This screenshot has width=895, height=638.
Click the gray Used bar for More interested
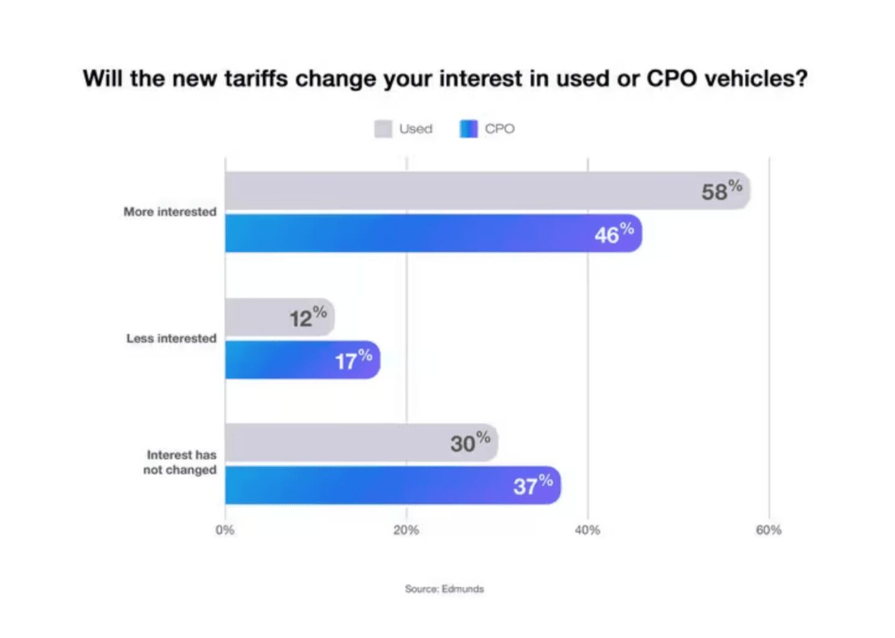[x=460, y=191]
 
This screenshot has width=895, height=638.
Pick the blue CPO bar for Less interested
[x=280, y=360]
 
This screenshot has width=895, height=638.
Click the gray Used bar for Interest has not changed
[x=336, y=443]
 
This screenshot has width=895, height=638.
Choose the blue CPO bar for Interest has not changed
[x=367, y=486]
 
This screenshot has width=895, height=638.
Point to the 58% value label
[x=722, y=190]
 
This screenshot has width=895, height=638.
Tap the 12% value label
[x=308, y=317]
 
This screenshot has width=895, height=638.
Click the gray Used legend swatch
[x=383, y=129]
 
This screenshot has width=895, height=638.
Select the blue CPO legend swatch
[x=469, y=129]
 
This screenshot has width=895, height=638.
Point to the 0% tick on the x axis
[x=225, y=530]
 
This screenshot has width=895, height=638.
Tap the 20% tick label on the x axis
[x=406, y=530]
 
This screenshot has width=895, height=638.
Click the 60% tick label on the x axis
[x=768, y=530]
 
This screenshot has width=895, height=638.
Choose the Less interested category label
[x=172, y=338]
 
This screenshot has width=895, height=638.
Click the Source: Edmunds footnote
[x=444, y=589]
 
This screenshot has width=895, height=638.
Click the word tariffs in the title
[x=256, y=79]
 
